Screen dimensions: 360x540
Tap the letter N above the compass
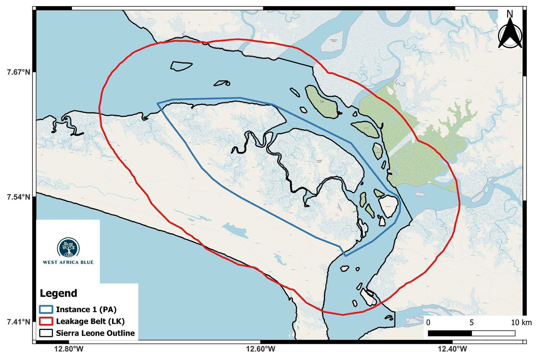510,14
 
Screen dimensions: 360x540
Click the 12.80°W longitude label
69,349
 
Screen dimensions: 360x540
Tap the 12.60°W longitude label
261,349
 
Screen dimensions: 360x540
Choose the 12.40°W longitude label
452,349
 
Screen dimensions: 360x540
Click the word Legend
58,293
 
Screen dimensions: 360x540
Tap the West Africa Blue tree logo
68,247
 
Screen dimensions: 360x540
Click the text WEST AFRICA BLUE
68,262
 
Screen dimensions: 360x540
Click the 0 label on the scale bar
428,323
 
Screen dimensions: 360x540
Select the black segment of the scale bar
450,333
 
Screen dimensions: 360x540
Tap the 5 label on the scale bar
471,323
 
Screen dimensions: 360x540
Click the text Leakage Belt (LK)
90,321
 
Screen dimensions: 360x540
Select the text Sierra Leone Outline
95,333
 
